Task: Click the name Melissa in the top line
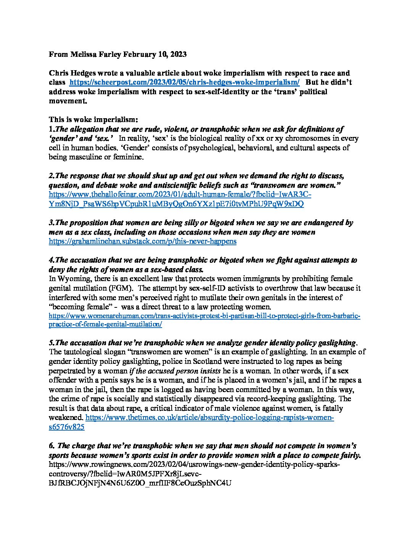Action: point(83,54)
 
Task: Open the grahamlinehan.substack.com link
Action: point(143,241)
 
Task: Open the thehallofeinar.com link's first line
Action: point(180,195)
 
